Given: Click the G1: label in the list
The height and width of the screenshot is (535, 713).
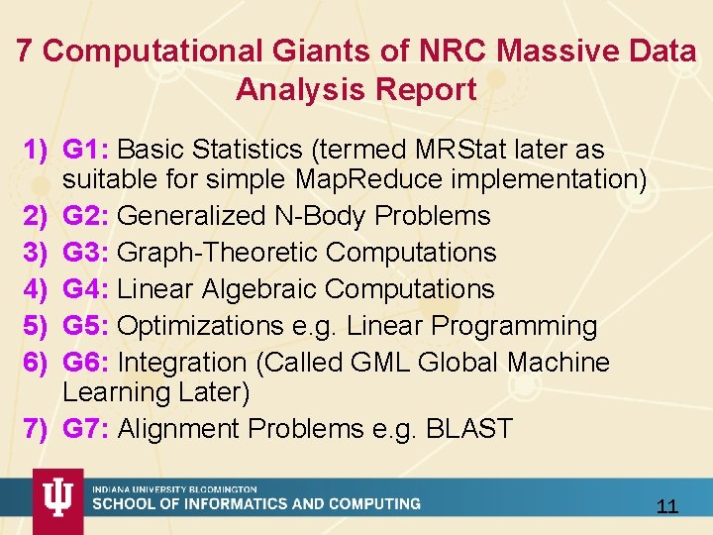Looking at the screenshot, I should (x=86, y=151).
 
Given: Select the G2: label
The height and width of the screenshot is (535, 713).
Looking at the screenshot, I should (x=86, y=216).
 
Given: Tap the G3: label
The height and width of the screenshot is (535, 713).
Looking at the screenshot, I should (x=86, y=253).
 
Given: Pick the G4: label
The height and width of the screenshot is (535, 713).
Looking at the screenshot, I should (x=86, y=289).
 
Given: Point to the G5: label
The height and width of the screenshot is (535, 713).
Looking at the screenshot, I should (x=86, y=326).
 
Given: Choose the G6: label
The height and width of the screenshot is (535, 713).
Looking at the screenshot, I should (x=86, y=363).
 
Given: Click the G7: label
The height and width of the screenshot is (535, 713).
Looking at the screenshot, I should (x=86, y=429).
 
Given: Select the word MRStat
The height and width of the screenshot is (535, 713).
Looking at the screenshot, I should (x=450, y=151).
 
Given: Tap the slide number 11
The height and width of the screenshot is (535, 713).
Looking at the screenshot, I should (x=667, y=507).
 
